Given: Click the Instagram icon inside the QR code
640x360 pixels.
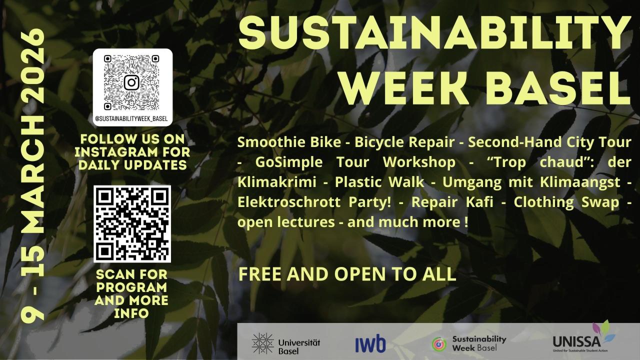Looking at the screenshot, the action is (x=131, y=82).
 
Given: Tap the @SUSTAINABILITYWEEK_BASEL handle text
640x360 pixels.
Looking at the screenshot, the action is (x=131, y=119).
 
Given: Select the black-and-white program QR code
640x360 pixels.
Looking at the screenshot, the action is (x=132, y=224).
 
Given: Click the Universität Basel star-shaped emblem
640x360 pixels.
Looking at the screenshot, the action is (x=263, y=343).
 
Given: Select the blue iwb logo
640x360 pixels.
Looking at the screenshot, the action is (x=370, y=343).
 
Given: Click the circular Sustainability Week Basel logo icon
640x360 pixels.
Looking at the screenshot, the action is (x=439, y=344).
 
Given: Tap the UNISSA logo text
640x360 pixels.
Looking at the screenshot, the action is (x=576, y=341).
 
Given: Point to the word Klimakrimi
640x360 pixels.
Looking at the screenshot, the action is (x=277, y=182).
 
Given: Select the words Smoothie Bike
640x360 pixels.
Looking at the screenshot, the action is (x=289, y=142).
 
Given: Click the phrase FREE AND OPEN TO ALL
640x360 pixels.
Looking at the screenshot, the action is (x=347, y=274).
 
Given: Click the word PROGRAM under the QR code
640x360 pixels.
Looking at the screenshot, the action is (x=131, y=287).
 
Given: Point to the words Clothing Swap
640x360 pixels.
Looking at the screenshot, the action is (x=566, y=202).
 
